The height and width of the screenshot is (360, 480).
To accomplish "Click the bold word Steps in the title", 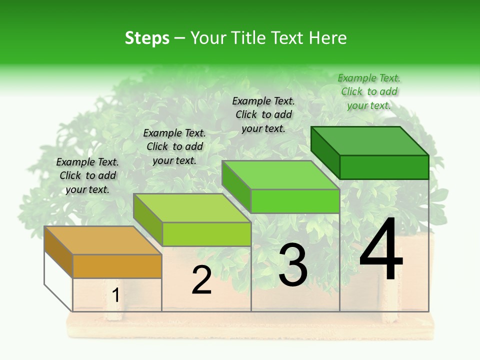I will (x=147, y=38).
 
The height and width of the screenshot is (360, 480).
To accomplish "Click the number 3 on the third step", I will (x=293, y=265).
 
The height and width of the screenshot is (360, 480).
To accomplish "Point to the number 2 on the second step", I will (x=201, y=280).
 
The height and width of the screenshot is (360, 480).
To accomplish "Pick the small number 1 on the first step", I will (x=116, y=295).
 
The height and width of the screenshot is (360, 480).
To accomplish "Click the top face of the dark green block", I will (x=370, y=141).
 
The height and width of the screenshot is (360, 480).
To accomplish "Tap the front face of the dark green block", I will (x=384, y=167).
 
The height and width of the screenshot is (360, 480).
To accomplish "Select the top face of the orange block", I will (x=102, y=240).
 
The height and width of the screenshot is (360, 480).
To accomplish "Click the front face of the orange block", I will (x=117, y=266).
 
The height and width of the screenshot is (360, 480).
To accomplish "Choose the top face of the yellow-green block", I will (x=192, y=208).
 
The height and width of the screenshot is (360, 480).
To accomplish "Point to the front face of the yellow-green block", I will (x=206, y=234).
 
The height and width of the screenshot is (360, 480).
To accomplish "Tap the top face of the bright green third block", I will (x=280, y=175).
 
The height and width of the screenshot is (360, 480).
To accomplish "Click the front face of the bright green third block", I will (x=295, y=201).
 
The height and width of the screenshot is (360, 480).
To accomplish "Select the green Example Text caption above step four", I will (x=369, y=91).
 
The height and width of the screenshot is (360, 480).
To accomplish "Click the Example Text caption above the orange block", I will (x=87, y=175).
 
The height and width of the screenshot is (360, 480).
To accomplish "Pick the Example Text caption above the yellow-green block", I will (x=174, y=146).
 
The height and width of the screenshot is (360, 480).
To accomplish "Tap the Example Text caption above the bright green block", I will (x=263, y=114).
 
